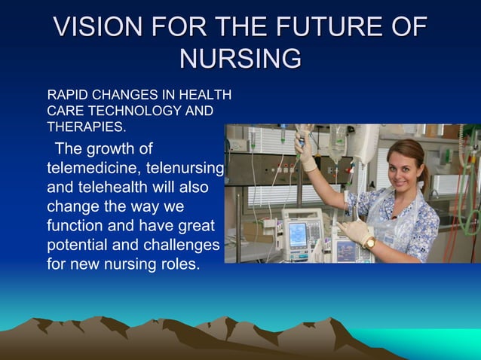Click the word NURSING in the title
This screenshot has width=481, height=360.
(x=240, y=58)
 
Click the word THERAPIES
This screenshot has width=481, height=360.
(x=85, y=127)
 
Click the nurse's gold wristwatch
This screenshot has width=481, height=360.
(x=370, y=243)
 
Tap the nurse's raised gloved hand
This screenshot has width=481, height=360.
(x=306, y=149)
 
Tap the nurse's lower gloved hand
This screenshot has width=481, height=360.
(x=353, y=230)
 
